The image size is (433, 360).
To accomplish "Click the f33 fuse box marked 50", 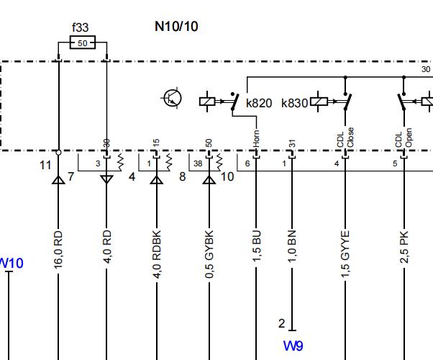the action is click(x=83, y=42).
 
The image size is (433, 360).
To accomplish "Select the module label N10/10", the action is click(x=176, y=27).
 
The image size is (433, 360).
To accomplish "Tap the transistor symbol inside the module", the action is click(x=173, y=98).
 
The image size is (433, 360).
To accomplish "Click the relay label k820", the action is click(x=259, y=103).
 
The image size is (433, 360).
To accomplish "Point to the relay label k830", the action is click(x=294, y=103).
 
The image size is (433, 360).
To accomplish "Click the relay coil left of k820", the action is click(x=207, y=102).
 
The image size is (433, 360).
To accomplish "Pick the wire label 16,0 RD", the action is click(x=58, y=250).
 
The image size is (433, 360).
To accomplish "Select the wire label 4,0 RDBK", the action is click(x=157, y=254).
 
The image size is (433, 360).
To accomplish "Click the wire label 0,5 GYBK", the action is click(x=209, y=254).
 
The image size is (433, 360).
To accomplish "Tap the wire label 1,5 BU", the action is click(x=257, y=246).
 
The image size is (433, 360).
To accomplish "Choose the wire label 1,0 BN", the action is click(x=292, y=246).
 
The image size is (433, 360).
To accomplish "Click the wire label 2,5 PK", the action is click(x=404, y=247).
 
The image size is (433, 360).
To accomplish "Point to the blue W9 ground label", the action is click(x=293, y=346).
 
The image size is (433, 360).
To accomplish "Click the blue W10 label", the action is click(x=12, y=263).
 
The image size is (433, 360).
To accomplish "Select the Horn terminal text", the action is click(x=256, y=138).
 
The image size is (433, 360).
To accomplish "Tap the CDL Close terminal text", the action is click(x=345, y=138).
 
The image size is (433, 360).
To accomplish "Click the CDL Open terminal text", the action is click(x=404, y=138).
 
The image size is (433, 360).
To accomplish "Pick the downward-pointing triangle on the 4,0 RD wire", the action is click(x=106, y=179).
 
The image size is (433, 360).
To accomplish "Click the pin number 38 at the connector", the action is click(x=198, y=163).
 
